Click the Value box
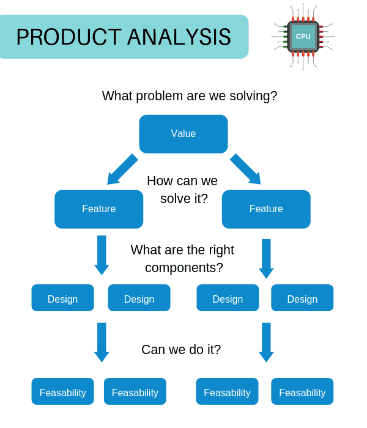click(x=183, y=134)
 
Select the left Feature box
click(x=99, y=209)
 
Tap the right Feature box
click(x=266, y=209)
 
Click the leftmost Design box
click(x=62, y=298)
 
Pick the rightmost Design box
click(x=302, y=298)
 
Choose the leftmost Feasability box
click(x=62, y=391)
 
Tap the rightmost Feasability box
click(x=302, y=391)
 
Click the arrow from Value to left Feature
click(x=122, y=169)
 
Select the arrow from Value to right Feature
click(x=245, y=169)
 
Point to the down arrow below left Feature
click(x=102, y=255)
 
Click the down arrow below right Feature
click(x=266, y=259)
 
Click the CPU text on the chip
click(x=303, y=36)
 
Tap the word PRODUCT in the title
click(x=69, y=37)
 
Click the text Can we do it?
click(x=181, y=349)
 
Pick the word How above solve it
click(x=159, y=181)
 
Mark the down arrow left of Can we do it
click(x=102, y=342)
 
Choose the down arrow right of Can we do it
click(x=266, y=342)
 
